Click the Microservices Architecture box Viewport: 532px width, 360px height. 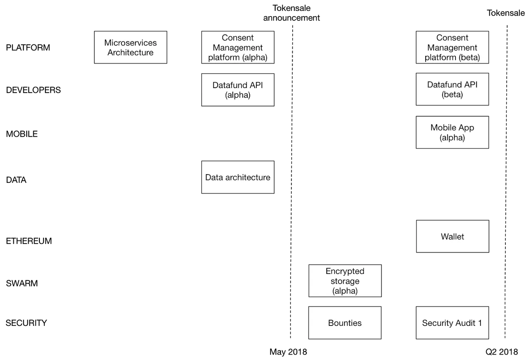point(131,47)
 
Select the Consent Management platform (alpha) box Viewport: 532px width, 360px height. point(238,47)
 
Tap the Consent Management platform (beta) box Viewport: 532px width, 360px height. point(452,47)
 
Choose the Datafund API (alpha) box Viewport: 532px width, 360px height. point(238,90)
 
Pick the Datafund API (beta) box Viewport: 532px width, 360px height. point(452,89)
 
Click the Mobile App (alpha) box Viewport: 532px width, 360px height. point(452,132)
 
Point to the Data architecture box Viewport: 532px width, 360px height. point(238,177)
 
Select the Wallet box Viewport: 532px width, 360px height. point(453,236)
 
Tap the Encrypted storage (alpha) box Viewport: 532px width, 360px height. point(345,281)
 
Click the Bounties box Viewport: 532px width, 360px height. point(345,323)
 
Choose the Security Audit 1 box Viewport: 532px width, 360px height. point(452,323)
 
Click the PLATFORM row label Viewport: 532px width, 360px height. point(28,47)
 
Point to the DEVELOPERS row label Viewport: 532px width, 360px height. point(33,90)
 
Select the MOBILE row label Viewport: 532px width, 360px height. point(22,134)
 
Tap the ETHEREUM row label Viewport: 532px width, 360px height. point(29,241)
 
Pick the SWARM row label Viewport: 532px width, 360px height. point(22,283)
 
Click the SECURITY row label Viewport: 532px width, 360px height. point(26,323)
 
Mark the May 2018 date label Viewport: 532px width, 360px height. point(288,352)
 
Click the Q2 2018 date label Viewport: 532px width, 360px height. point(502,352)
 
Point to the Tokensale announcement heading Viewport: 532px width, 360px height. point(291,13)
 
